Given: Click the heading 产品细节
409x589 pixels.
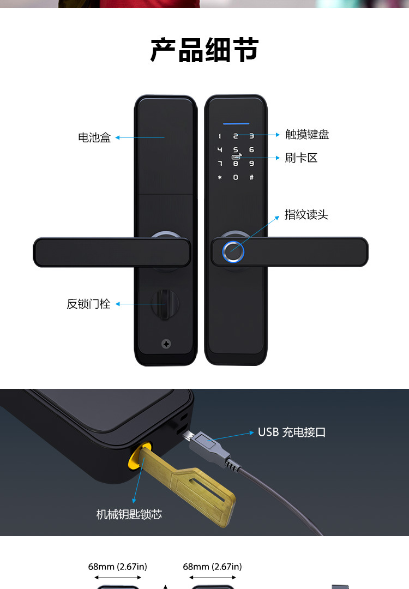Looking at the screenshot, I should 204,51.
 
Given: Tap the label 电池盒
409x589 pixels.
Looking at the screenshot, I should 94,138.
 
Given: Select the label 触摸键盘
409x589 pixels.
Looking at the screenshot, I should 307,134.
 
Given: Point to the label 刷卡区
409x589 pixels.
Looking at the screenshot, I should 301,158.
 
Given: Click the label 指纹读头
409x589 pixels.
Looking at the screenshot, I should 306,215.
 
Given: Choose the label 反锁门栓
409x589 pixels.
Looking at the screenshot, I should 88,304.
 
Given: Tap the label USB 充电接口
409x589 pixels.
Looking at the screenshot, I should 292,432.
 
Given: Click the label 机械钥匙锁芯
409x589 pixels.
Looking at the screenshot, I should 129,514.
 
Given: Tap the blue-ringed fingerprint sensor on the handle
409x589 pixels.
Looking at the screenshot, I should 233,252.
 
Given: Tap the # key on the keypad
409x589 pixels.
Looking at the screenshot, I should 251,177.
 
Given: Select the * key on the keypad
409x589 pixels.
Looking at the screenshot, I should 220,177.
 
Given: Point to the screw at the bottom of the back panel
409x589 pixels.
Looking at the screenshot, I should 166,344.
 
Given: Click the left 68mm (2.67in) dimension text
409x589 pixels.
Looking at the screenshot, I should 117,567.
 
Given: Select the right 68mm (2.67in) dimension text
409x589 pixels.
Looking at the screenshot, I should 212,567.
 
